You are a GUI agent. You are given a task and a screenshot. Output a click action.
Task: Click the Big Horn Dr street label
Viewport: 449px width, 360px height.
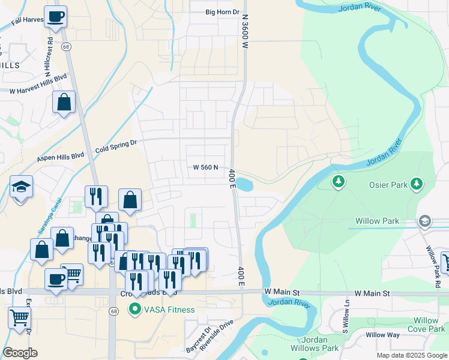tap(222, 12)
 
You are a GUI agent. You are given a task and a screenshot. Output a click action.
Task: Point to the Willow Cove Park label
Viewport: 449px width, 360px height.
tap(426, 325)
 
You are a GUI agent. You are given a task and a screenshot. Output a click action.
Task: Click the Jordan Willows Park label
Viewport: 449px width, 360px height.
tap(320, 344)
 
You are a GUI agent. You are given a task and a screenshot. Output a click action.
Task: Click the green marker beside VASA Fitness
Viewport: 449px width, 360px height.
tap(134, 310)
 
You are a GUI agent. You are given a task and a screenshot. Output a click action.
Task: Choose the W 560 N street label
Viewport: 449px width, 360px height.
tap(205, 168)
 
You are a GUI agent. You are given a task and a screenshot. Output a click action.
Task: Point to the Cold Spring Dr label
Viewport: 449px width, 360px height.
tap(116, 146)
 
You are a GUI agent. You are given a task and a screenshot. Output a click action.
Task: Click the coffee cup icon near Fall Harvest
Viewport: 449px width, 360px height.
tap(56, 17)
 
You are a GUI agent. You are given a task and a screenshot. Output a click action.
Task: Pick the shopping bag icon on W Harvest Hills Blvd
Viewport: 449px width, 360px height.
tap(64, 103)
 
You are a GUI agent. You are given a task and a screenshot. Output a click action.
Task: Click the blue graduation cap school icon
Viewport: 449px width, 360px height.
tap(21, 187)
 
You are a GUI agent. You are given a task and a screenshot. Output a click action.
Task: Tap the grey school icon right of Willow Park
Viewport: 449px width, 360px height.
tap(426, 221)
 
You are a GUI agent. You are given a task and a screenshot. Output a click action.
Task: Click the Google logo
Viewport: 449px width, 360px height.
tap(20, 352)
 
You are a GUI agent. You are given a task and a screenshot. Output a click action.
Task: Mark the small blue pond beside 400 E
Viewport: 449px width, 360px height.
tap(244, 184)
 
